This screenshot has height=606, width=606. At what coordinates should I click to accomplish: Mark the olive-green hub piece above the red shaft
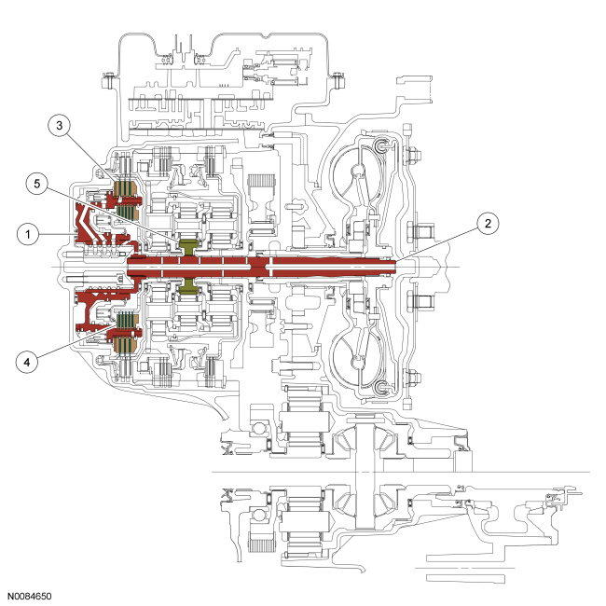click(189, 247)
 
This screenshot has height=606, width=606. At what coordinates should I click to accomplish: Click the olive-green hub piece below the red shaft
click(189, 282)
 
